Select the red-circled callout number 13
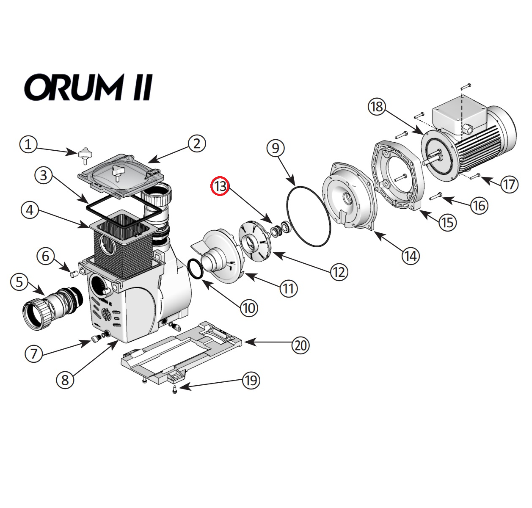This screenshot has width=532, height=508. tap(220, 187)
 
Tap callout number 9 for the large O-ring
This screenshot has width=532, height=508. tap(276, 148)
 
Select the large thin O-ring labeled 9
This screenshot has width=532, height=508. tap(308, 215)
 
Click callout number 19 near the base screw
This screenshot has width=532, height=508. tap(251, 380)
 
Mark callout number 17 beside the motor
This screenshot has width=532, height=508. tap(509, 184)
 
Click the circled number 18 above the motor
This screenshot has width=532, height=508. tap(376, 106)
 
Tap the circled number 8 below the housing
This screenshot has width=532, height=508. tap(65, 380)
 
